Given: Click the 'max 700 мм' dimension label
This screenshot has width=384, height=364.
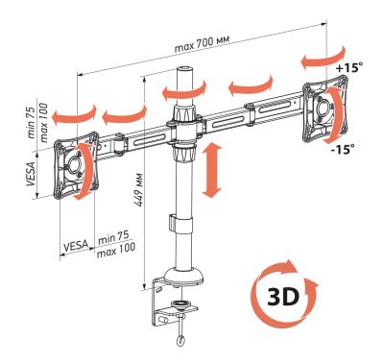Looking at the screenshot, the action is pyautogui.click(x=202, y=43).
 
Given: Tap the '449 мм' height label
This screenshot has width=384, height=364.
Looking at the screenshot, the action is pyautogui.click(x=139, y=189).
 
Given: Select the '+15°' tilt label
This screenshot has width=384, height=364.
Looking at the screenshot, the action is pyautogui.click(x=349, y=68).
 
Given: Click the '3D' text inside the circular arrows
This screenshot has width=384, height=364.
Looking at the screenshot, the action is pyautogui.click(x=283, y=297).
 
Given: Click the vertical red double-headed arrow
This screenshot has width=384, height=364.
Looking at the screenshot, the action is pyautogui.click(x=211, y=170).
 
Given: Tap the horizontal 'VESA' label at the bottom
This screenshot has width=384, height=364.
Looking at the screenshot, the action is pyautogui.click(x=76, y=246).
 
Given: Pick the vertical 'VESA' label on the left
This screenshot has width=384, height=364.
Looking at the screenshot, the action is pyautogui.click(x=31, y=174).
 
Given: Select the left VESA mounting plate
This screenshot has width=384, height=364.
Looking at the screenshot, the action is pyautogui.click(x=77, y=165).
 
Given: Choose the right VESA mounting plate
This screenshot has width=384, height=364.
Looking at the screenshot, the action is pyautogui.click(x=325, y=109).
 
